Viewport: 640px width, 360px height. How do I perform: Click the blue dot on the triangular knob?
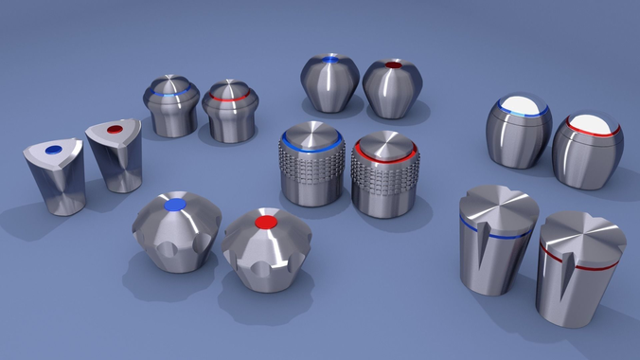click(53, 149)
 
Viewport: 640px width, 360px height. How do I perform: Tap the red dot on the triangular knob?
click(115, 129)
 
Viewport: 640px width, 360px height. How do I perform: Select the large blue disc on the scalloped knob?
click(174, 204)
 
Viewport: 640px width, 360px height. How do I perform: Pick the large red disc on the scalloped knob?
click(266, 222)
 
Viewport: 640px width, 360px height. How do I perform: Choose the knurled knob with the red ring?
click(384, 177)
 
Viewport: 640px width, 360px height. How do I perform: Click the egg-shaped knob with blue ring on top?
click(329, 83)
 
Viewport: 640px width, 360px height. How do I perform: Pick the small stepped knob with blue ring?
click(170, 106)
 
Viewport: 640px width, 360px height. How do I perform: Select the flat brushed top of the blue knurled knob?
click(312, 134)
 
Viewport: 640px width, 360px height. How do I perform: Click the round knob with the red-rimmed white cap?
click(587, 152)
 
